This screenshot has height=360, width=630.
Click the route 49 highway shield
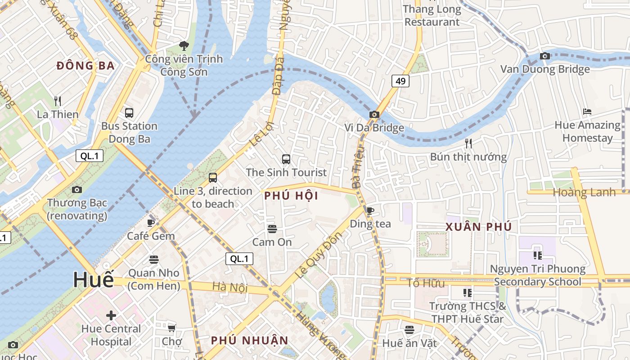(400, 81)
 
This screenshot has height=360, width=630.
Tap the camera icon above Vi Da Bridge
(374, 115)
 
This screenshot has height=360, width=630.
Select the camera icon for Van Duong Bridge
(545, 56)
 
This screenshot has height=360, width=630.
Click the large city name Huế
(94, 279)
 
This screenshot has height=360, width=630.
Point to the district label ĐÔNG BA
(85, 66)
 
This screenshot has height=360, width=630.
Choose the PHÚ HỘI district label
(291, 196)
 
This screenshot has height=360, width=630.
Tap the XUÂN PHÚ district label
(479, 227)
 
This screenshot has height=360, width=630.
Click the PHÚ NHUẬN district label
(250, 340)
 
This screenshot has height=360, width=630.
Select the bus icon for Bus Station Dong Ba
(129, 112)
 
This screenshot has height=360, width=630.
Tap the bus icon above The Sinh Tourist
(286, 159)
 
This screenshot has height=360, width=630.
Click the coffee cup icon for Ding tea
(370, 211)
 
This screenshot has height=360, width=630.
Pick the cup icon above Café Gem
(151, 223)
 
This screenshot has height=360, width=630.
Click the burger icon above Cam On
(272, 229)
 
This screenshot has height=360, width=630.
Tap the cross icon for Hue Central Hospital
(111, 315)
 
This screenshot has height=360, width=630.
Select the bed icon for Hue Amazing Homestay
(587, 112)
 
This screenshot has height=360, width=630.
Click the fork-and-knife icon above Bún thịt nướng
(468, 144)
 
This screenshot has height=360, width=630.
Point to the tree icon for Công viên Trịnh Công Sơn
(184, 45)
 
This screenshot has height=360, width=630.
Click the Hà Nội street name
(224, 287)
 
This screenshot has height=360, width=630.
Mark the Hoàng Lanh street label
(584, 192)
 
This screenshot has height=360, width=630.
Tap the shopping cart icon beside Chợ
(171, 328)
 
